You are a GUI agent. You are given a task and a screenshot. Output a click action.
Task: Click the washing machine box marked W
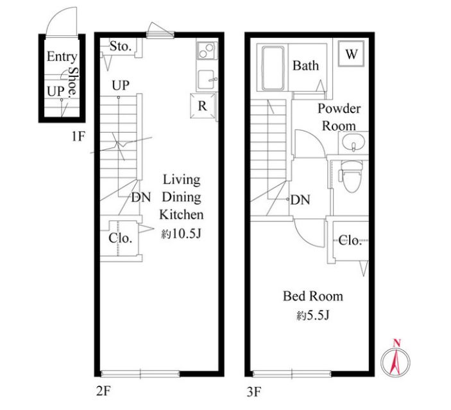click(x=351, y=54)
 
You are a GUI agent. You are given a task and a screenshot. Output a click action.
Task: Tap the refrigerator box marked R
click(x=203, y=106)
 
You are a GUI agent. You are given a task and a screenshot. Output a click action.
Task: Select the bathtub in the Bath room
click(x=273, y=68)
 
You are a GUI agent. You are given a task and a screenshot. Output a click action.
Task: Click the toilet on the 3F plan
click(x=352, y=176)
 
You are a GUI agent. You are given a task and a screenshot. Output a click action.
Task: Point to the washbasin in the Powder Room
click(x=353, y=142)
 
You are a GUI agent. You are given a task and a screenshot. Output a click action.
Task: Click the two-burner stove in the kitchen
click(x=206, y=51)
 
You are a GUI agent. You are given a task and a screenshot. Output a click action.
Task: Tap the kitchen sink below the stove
click(x=207, y=80)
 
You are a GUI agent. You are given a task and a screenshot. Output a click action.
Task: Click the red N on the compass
click(x=397, y=343)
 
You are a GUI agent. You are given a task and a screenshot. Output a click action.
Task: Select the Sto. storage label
click(x=121, y=46)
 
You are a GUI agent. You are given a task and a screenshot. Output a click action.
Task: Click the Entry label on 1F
click(x=62, y=56)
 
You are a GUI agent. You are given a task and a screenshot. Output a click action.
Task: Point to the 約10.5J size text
click(x=181, y=234)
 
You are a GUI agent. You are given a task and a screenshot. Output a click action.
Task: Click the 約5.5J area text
click(x=313, y=316)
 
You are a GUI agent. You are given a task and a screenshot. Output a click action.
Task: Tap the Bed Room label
click(x=313, y=296)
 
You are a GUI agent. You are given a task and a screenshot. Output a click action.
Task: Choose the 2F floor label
click(x=103, y=391)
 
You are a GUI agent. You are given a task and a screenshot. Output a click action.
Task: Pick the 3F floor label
click(x=254, y=391)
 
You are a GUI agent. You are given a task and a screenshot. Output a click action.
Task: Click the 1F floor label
click(x=78, y=136)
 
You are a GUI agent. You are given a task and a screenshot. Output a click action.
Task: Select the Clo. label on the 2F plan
click(x=120, y=238)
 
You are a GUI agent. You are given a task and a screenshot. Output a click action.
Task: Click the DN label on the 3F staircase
click(x=300, y=200)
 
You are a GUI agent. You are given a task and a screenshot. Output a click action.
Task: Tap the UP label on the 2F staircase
click(x=121, y=85)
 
